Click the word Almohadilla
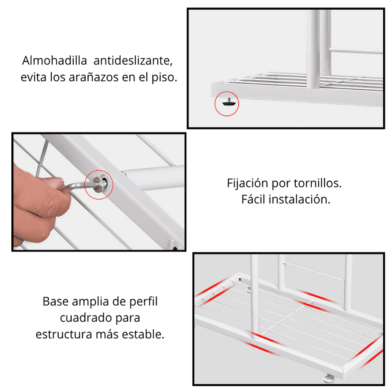pyautogui.click(x=54, y=61)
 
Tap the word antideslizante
pyautogui.click(x=133, y=61)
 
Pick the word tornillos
pyautogui.click(x=317, y=183)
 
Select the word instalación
pyautogui.click(x=300, y=199)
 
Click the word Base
pyautogui.click(x=56, y=301)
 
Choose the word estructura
pyautogui.click(x=64, y=334)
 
